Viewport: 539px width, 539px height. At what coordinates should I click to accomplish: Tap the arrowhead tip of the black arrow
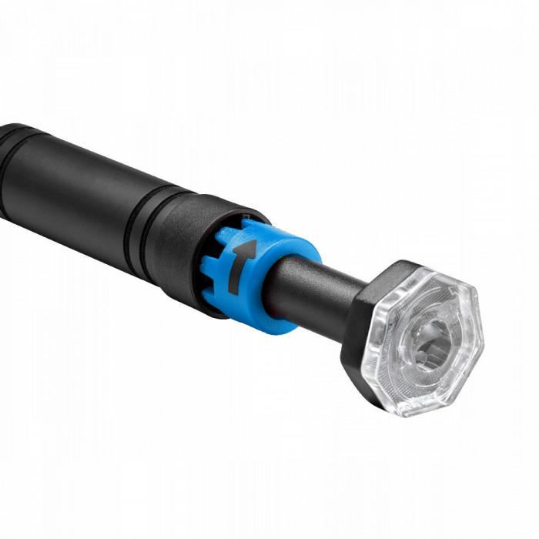click(249, 244)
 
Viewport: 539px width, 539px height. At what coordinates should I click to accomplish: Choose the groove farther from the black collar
click(131, 223)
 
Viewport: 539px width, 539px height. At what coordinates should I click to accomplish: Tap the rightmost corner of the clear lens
click(482, 339)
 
